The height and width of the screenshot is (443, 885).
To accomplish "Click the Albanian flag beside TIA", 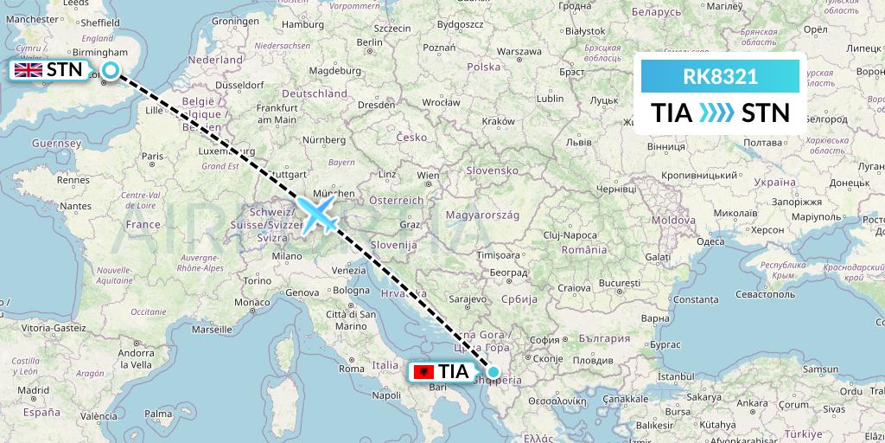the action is click(424, 372).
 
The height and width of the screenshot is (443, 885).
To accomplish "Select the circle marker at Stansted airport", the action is click(111, 71).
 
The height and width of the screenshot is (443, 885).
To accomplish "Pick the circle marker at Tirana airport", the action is click(493, 372).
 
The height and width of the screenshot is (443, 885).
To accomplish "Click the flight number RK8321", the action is click(720, 76).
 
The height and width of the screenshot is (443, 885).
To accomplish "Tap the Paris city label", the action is click(154, 157).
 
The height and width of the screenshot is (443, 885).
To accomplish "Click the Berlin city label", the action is click(369, 42).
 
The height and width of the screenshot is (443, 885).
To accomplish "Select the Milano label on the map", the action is click(287, 256).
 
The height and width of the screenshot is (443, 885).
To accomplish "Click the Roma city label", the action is click(352, 369).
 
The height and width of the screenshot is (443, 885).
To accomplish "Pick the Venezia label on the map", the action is click(348, 271).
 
